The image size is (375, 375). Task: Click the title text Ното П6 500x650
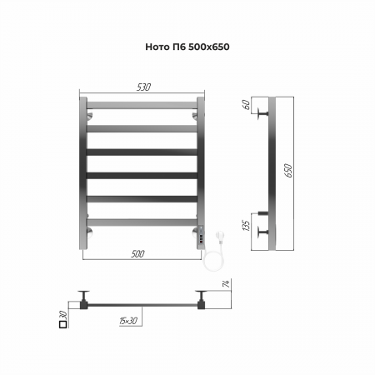click(187, 47)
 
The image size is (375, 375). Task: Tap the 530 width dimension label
click(143, 87)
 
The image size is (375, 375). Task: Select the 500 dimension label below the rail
click(137, 254)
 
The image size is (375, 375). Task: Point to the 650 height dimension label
click(288, 171)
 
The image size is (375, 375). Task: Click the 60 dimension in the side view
click(246, 105)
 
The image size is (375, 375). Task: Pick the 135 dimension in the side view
click(246, 226)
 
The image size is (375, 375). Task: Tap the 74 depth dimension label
click(227, 283)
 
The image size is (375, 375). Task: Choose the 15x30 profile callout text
click(128, 321)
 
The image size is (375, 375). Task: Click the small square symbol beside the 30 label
click(63, 324)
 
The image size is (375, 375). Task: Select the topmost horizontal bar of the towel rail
click(142, 105)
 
